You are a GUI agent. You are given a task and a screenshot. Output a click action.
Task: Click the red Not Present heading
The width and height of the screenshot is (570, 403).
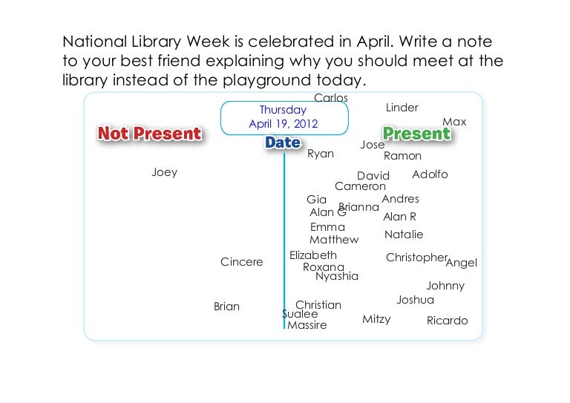149,134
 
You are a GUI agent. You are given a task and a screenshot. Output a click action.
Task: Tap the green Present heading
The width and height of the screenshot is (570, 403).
417,134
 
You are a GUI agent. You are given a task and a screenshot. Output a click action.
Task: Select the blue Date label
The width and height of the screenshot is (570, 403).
283,142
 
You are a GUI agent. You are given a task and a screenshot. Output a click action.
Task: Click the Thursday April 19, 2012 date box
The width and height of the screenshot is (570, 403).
284,118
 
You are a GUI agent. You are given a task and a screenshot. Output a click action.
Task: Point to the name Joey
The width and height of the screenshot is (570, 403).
165,172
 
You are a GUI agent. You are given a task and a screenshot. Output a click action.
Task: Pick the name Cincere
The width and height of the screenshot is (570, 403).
242,262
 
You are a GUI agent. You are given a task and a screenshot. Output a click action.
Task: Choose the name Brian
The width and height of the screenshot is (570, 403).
226,307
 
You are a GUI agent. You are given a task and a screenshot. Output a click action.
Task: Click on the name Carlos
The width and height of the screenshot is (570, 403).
331,97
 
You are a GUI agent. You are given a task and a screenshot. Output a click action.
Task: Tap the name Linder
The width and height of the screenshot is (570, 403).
402,108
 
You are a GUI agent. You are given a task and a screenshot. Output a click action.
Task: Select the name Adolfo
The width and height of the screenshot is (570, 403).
430,174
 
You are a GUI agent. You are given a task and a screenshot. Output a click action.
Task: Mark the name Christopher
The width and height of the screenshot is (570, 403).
416,258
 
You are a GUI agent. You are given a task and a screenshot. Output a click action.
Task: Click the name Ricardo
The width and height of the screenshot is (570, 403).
447,321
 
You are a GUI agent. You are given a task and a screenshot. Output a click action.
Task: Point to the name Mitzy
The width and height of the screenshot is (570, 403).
376,319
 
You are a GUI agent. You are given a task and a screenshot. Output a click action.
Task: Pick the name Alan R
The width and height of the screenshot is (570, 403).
399,217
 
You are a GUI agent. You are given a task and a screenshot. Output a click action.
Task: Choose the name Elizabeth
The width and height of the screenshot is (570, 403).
313,255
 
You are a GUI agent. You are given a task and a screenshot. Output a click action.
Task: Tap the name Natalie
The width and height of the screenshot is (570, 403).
404,235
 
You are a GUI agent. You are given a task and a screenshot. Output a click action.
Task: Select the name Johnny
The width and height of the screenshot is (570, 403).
445,286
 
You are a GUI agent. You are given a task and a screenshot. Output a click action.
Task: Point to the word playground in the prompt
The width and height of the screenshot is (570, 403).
266,81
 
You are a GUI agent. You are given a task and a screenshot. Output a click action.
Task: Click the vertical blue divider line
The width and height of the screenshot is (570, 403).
284,241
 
